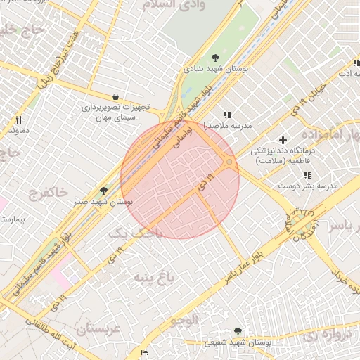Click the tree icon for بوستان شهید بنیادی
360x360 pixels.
tap(214, 58)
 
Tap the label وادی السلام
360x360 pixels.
tap(181, 6)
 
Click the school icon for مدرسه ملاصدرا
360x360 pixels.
tap(226, 115)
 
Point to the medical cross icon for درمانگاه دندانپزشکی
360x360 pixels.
tap(283, 140)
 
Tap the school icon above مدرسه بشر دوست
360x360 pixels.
tap(307, 174)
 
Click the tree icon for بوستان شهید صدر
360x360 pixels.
tap(104, 190)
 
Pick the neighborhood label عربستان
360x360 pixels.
tap(99, 328)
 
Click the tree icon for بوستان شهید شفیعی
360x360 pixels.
tap(238, 331)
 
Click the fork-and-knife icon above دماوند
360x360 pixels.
tap(19, 120)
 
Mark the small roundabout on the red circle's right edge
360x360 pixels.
tap(229, 163)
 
